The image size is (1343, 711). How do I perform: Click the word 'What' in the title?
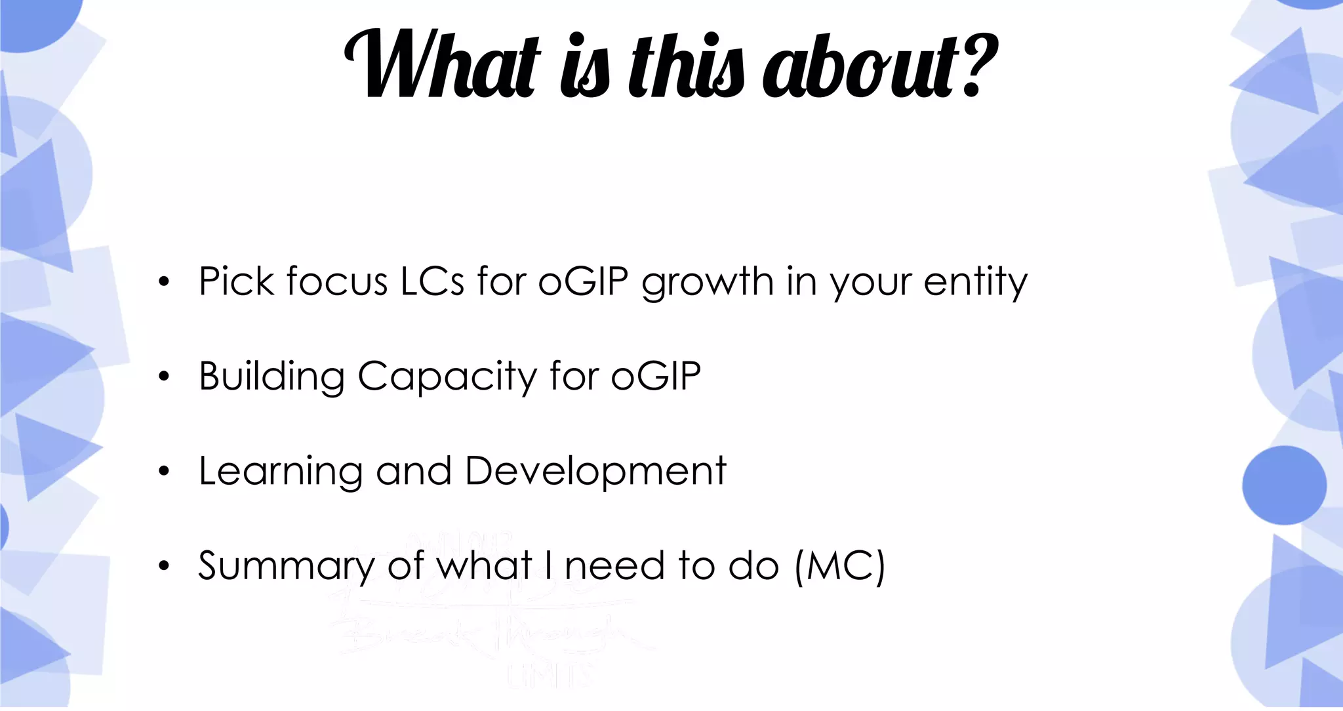(443, 66)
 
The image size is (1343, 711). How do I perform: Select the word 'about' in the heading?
(859, 66)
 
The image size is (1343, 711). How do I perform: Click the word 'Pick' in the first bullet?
(236, 282)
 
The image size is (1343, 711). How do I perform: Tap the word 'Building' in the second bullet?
(271, 378)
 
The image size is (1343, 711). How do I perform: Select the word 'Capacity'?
(446, 378)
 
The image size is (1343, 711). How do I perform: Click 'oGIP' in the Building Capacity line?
(656, 376)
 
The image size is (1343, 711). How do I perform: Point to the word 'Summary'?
(286, 567)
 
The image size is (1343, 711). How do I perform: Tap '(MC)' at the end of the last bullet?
(839, 565)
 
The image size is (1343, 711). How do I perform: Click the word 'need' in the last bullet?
(614, 565)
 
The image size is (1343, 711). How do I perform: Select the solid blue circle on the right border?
(1284, 485)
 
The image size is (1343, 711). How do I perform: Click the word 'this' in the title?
(686, 66)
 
